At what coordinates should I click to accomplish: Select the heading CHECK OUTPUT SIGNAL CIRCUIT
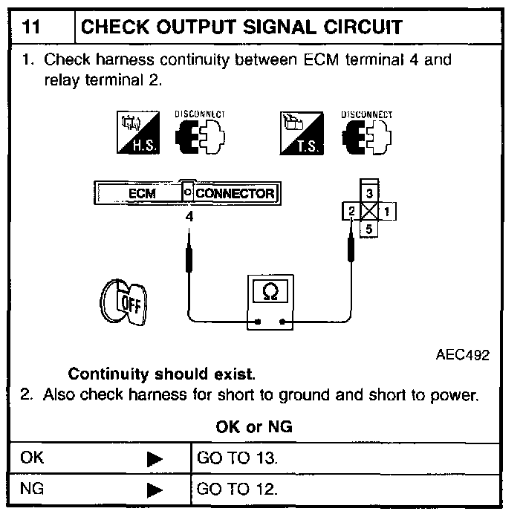click(x=241, y=27)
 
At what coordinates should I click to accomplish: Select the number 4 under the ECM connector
click(x=189, y=218)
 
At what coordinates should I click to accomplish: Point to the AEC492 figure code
click(x=462, y=354)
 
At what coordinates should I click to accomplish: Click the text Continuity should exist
click(x=161, y=373)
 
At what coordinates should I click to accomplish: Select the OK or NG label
click(x=254, y=426)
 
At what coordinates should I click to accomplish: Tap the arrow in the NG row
click(x=155, y=490)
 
